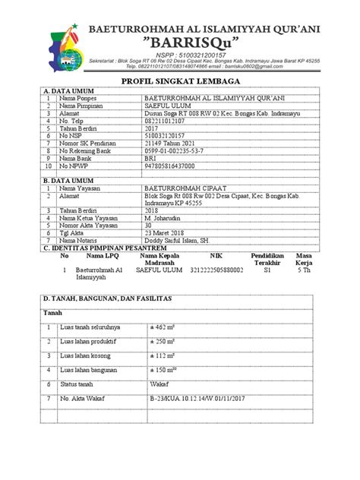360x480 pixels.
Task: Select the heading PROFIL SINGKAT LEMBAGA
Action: tap(180, 81)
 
